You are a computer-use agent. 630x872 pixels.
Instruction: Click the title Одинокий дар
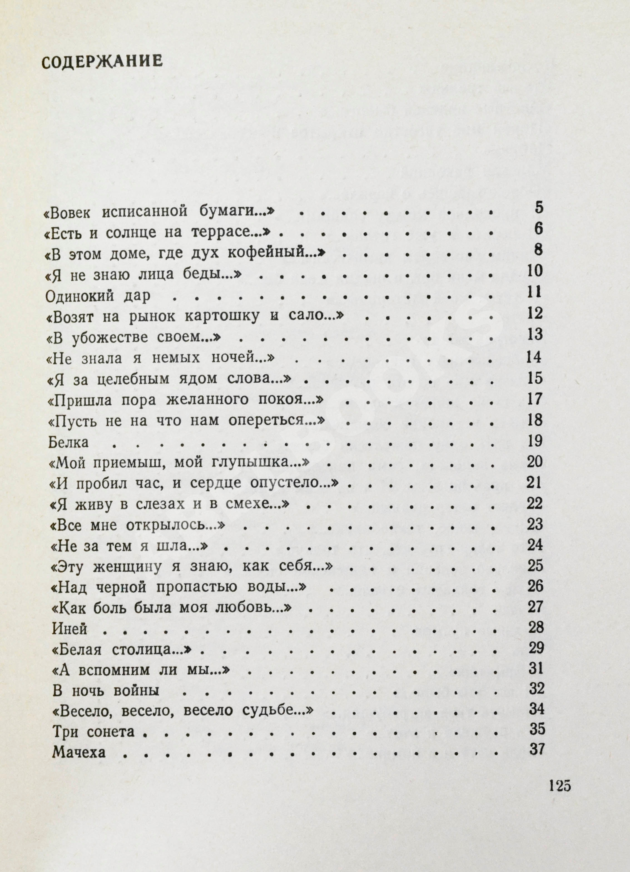(97, 296)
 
